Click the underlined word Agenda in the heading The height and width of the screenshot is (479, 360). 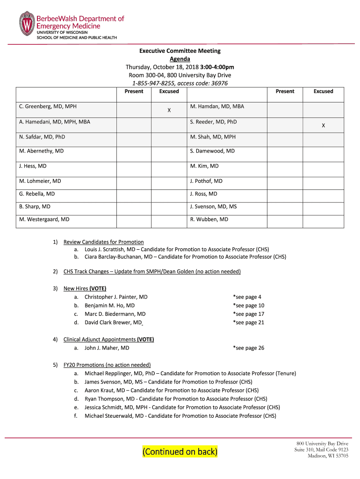coord(180,59)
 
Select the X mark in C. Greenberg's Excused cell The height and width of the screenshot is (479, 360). coord(169,110)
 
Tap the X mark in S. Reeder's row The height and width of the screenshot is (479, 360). coord(323,125)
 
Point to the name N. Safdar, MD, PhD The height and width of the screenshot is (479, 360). coord(42,137)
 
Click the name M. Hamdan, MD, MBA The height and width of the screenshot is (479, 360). coord(217,107)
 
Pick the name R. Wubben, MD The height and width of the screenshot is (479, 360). coord(209,219)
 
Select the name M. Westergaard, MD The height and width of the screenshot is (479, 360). coord(44,219)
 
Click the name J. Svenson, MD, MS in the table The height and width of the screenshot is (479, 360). coord(213,206)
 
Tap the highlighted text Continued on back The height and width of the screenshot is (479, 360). coord(180,451)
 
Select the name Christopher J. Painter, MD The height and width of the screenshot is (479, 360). coord(116,297)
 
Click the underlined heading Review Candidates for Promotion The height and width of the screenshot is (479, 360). coord(103,242)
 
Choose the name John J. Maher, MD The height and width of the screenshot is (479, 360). coord(107,348)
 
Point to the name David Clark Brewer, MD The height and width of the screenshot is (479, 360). coord(113,323)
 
